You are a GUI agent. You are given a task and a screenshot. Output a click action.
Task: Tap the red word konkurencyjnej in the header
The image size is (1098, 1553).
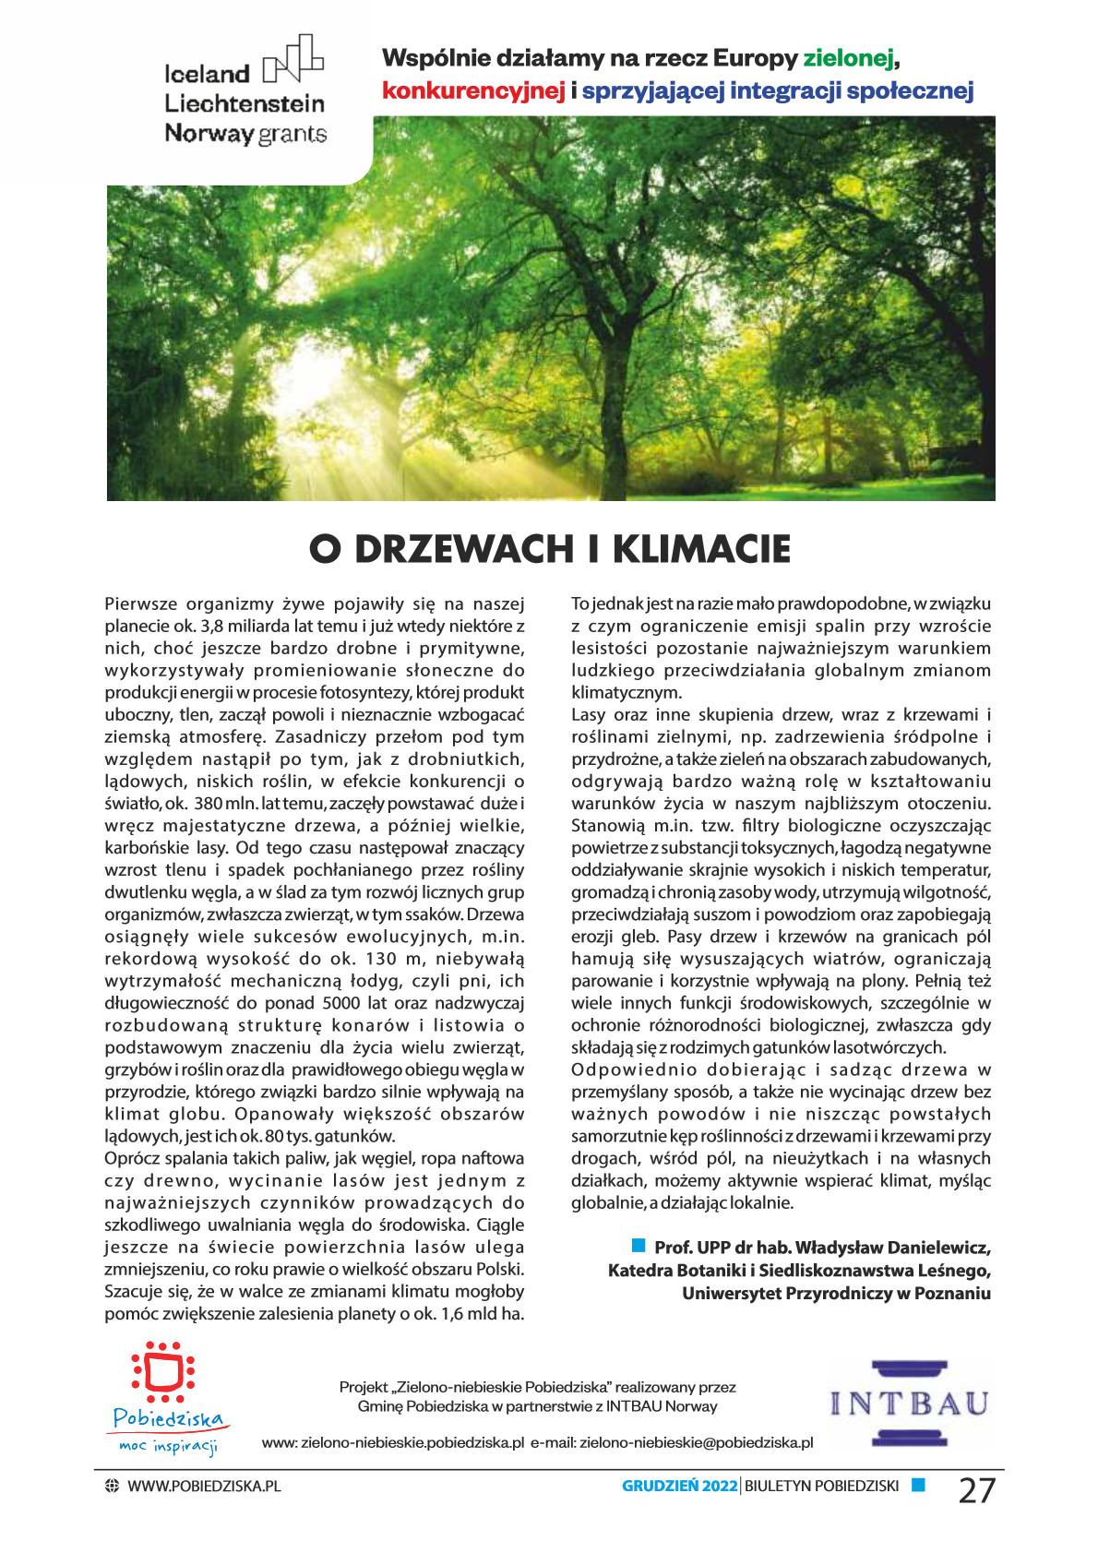[473, 91]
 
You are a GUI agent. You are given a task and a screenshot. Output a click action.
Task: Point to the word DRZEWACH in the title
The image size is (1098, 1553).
[464, 549]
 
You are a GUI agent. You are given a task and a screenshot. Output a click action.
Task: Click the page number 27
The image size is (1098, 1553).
[977, 1489]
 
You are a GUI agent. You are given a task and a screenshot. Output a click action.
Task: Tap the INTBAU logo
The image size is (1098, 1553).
[910, 1404]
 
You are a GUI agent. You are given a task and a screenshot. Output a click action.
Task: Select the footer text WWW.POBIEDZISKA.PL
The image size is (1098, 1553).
[204, 1486]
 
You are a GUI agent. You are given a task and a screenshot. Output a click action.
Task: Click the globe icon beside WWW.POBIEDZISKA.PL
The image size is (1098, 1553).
[113, 1486]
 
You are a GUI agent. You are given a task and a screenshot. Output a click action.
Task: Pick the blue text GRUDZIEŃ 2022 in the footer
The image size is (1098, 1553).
[680, 1486]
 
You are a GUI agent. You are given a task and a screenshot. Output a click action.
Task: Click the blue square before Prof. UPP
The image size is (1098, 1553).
[639, 1247]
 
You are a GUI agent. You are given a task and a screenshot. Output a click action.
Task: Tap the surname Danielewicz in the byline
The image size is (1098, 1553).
[938, 1248]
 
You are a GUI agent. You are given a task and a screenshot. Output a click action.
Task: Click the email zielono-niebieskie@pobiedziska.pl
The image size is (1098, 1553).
[696, 1442]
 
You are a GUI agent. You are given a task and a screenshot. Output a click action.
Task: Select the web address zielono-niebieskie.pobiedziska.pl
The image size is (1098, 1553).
[412, 1442]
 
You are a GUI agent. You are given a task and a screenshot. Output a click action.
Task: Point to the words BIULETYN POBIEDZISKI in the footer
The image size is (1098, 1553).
[821, 1486]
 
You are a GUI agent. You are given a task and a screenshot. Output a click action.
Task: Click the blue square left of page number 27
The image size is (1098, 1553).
[918, 1485]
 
